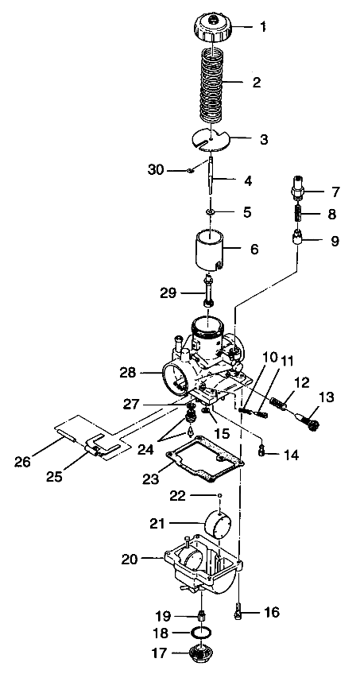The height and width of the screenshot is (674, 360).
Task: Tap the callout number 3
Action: (x=263, y=139)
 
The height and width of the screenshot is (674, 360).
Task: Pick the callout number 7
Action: (x=313, y=192)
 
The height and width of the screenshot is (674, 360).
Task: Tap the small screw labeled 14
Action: (x=263, y=453)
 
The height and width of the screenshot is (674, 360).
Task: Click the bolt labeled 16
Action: (x=239, y=613)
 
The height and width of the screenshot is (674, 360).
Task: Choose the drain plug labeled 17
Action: (x=202, y=658)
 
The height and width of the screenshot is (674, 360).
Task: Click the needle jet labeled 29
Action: (x=209, y=291)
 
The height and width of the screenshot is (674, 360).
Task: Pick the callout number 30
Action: (x=157, y=169)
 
